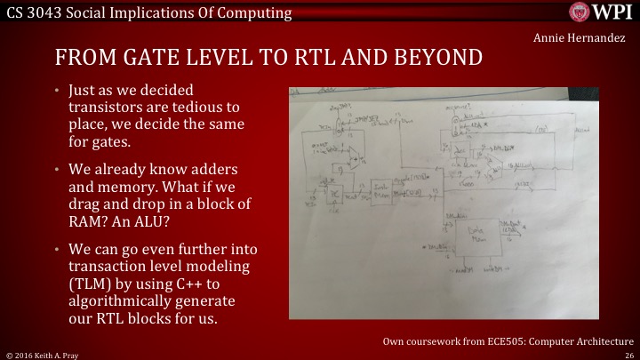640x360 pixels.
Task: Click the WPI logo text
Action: tap(612, 13)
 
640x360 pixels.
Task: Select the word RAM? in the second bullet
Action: tap(88, 222)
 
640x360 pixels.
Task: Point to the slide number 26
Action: tap(628, 354)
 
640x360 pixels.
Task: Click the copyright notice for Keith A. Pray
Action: tap(44, 354)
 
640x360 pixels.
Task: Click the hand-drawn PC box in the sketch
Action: tap(335, 191)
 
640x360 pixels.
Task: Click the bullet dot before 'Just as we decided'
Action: tap(56, 92)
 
